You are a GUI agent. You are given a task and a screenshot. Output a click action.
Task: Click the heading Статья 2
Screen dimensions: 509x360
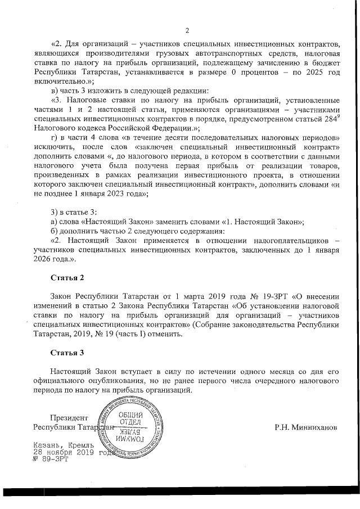coord(67,278)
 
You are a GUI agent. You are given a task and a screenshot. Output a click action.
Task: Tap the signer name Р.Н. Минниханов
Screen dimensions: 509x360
coord(306,427)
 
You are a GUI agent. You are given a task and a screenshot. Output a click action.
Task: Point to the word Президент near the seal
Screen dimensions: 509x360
coord(69,417)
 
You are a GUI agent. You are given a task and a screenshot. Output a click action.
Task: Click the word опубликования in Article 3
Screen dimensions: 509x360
coord(101,381)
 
